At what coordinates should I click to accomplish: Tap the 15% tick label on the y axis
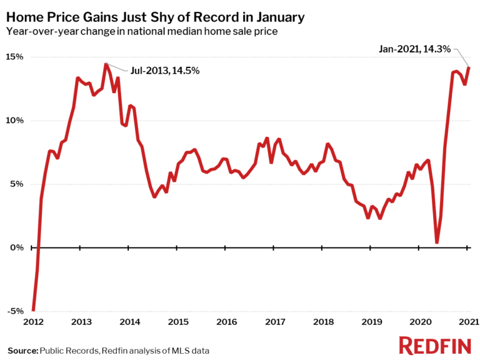pyautogui.click(x=15, y=57)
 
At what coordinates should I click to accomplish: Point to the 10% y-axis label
pyautogui.click(x=15, y=121)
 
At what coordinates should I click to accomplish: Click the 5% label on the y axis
pyautogui.click(x=17, y=184)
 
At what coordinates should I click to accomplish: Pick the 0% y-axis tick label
pyautogui.click(x=17, y=248)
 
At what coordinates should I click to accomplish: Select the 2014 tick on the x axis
pyautogui.click(x=129, y=322)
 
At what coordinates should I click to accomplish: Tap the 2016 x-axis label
pyautogui.click(x=226, y=322)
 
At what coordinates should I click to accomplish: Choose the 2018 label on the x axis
pyautogui.click(x=323, y=322)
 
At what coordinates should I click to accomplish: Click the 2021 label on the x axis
pyautogui.click(x=468, y=322)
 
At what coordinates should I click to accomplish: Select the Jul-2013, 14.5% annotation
pyautogui.click(x=164, y=71)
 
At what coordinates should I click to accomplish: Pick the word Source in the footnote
pyautogui.click(x=22, y=349)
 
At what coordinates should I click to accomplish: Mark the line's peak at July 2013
pyautogui.click(x=106, y=64)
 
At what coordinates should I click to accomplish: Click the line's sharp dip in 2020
pyautogui.click(x=437, y=242)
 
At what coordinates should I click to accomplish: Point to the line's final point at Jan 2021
pyautogui.click(x=468, y=67)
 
